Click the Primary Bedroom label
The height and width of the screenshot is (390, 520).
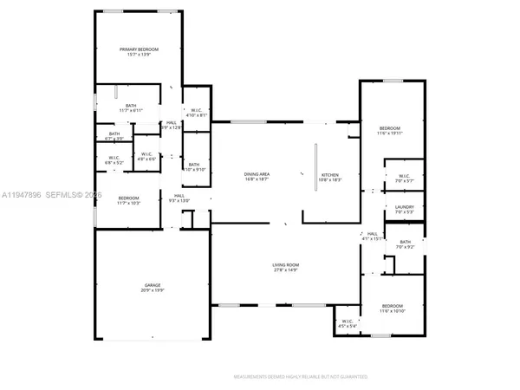139,49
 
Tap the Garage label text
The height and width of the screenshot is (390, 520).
152,284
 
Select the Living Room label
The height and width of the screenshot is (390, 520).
287,264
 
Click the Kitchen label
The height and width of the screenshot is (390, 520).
331,175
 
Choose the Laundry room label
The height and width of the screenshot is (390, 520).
404,207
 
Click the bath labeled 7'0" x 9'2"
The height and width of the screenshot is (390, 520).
404,242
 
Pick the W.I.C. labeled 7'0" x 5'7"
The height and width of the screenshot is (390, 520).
404,176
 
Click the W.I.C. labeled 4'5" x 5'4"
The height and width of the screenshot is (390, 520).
348,323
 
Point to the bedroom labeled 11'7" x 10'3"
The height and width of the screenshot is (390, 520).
129,198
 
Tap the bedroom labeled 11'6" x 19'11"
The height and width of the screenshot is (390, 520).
391,130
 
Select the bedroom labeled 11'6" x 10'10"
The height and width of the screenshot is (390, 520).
393,306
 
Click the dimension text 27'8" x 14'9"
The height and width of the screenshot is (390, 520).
287,270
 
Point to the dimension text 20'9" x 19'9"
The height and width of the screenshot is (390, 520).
152,289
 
